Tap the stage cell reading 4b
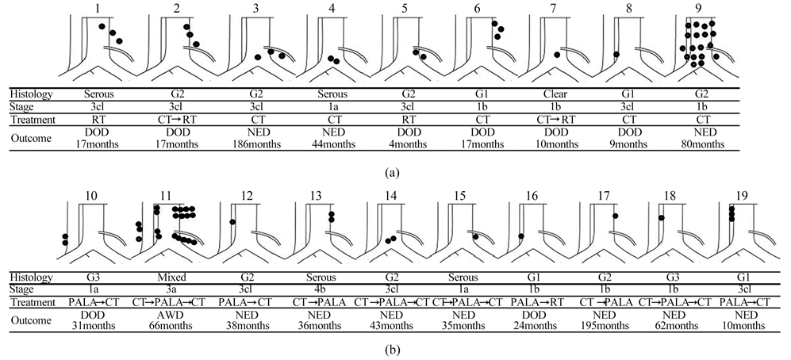tap(313, 289)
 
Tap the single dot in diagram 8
tap(616, 55)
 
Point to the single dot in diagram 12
tap(232, 222)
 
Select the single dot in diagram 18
tap(661, 216)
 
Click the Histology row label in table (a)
tap(32, 94)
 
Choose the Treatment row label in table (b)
tap(33, 302)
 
